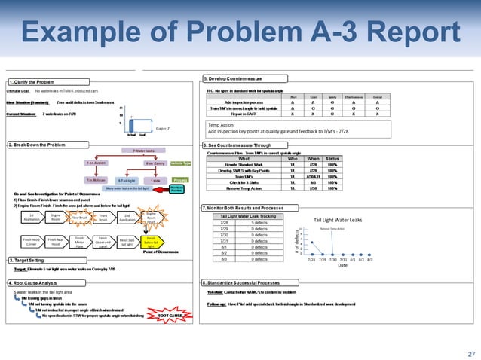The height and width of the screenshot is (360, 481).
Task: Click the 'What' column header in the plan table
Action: (244, 159)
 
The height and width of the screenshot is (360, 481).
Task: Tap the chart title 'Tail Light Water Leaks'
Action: (338, 220)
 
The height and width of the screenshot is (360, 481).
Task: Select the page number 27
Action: (471, 352)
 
